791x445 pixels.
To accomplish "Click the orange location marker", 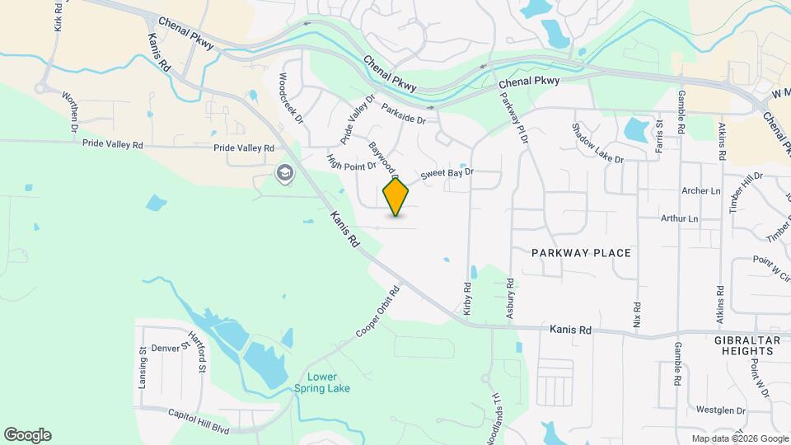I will (x=396, y=197).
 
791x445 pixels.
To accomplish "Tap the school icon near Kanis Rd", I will (x=285, y=173).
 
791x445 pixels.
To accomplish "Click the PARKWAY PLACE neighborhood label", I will (x=581, y=253).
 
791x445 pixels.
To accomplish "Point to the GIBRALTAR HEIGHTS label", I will (x=745, y=345).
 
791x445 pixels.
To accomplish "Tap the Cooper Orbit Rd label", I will (x=377, y=311).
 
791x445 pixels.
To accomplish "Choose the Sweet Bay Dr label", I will (x=448, y=174).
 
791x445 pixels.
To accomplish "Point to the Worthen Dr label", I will (x=69, y=112).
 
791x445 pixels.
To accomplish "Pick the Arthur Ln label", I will (x=679, y=219).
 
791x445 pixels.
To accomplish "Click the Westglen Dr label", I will (x=720, y=410).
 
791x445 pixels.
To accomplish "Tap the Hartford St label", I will (x=195, y=350).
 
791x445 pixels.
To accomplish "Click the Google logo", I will (x=27, y=435).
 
